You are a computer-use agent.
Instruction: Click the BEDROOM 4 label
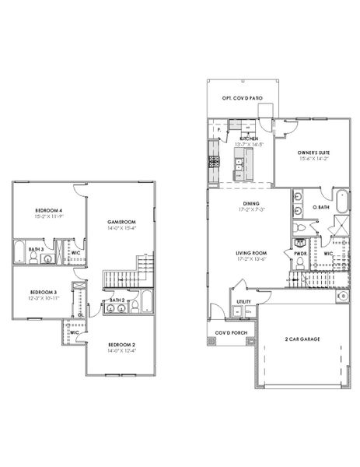tap(48, 211)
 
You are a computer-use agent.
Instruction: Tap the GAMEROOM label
tap(122, 223)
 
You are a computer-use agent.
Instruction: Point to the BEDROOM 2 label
tap(122, 343)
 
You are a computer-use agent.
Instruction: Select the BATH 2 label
tap(117, 300)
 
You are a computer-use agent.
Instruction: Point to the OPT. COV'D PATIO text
tap(240, 98)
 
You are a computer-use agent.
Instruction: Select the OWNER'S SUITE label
tap(313, 153)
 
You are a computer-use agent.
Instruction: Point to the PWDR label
tap(299, 253)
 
